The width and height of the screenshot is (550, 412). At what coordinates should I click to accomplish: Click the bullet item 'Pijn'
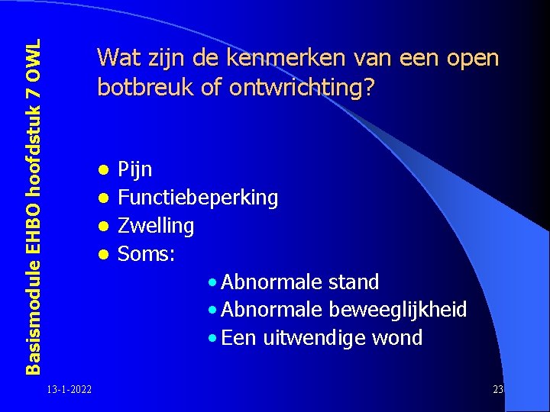coord(135,169)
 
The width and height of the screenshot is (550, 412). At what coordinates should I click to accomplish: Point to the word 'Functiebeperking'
coord(198,198)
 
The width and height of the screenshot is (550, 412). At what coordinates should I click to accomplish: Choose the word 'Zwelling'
coord(156,226)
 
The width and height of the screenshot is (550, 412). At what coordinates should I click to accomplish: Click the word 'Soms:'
coord(147,254)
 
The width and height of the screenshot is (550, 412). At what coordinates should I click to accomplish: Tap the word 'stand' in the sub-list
coord(353,282)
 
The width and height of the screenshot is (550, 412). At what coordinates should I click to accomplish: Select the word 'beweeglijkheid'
coord(397,310)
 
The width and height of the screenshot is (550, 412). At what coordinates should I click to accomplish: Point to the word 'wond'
coord(396,337)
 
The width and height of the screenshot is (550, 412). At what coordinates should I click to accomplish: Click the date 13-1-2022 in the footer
coord(69,391)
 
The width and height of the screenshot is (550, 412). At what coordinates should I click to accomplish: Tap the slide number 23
coord(498,391)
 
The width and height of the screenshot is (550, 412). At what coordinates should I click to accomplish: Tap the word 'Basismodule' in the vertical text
coord(32,315)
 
